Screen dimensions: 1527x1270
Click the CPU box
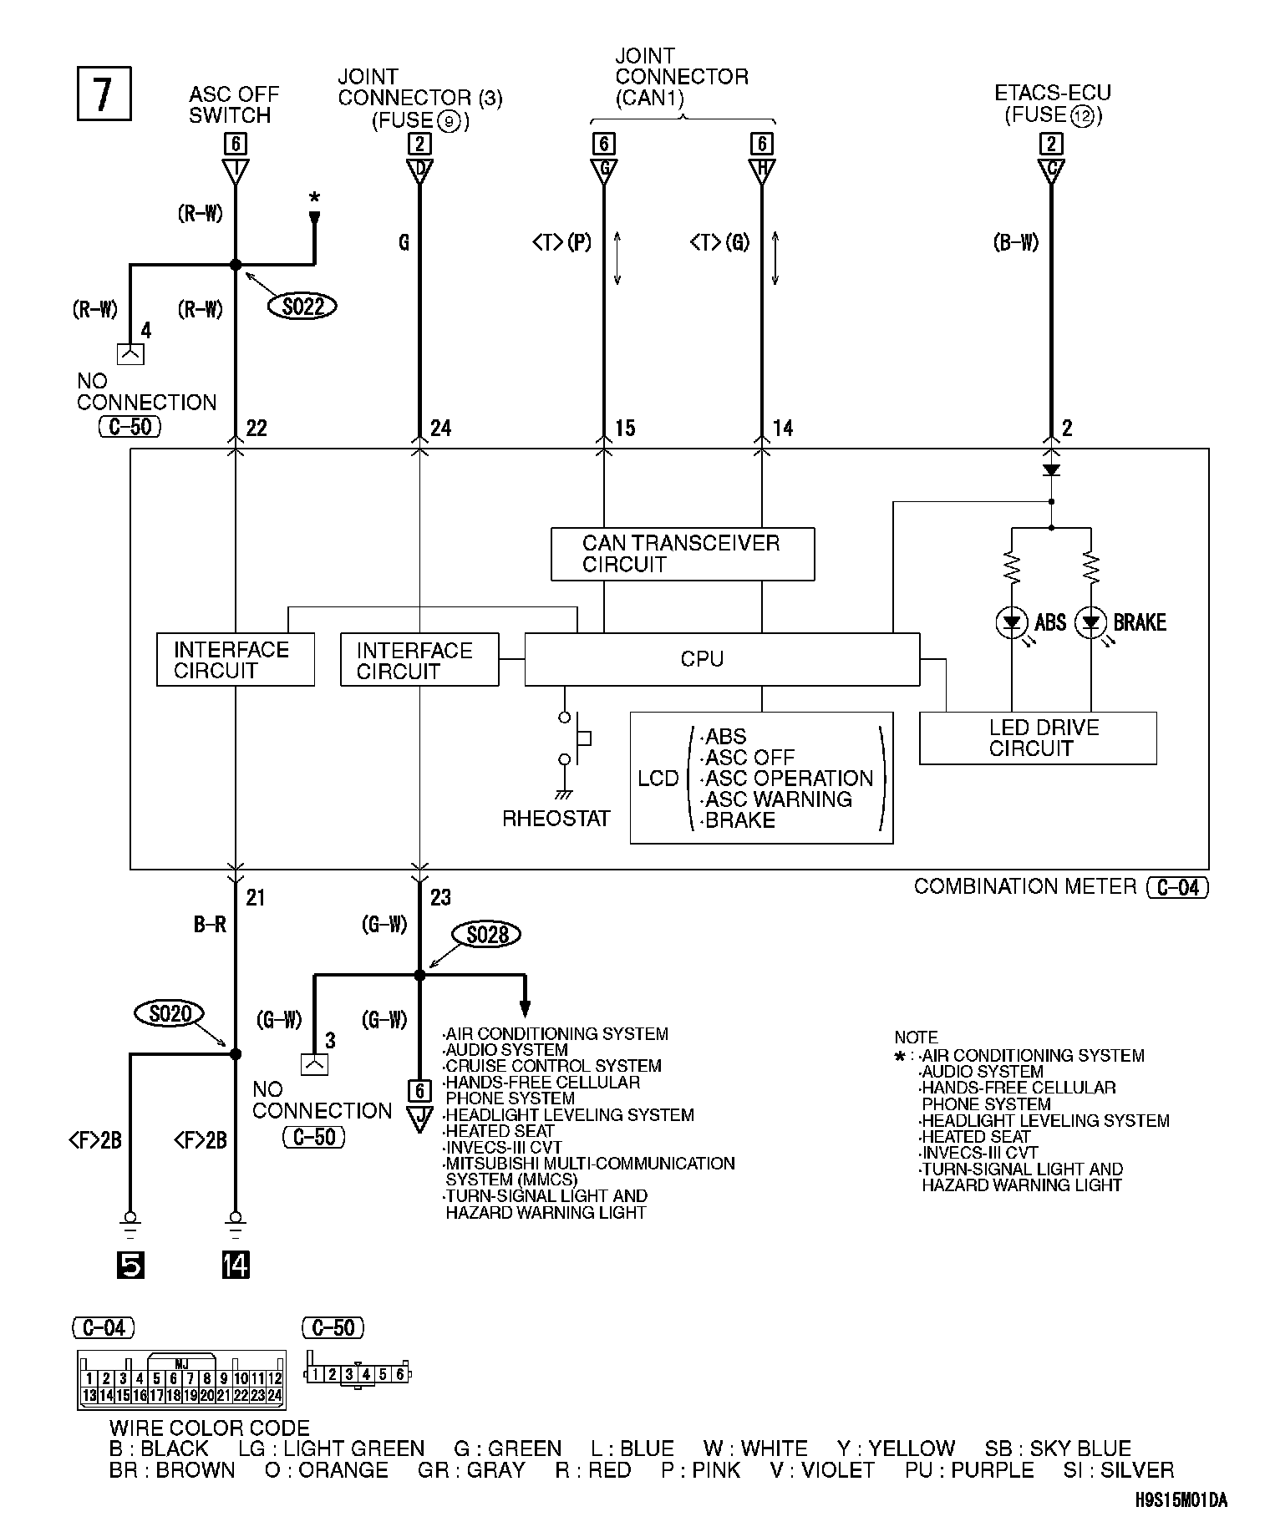pyautogui.click(x=722, y=659)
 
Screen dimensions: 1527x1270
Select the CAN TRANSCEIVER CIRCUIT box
pyautogui.click(x=682, y=554)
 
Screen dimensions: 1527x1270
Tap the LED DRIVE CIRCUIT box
pyautogui.click(x=1038, y=738)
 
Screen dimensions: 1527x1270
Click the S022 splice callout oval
pyautogui.click(x=302, y=307)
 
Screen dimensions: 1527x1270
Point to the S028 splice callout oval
pyautogui.click(x=486, y=934)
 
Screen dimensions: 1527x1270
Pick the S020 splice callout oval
pyautogui.click(x=170, y=1014)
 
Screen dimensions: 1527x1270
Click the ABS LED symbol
pyautogui.click(x=1012, y=621)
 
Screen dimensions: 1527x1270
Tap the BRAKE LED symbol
pyautogui.click(x=1090, y=621)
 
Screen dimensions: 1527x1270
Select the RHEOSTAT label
pyautogui.click(x=556, y=819)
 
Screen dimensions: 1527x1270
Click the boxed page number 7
pyautogui.click(x=104, y=94)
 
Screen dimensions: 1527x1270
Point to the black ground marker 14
pyautogui.click(x=236, y=1266)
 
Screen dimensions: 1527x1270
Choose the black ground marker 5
pyautogui.click(x=130, y=1266)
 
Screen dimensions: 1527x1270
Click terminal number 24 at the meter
pyautogui.click(x=440, y=429)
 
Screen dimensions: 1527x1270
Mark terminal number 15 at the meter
pyautogui.click(x=625, y=429)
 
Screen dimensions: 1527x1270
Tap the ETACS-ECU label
pyautogui.click(x=1053, y=93)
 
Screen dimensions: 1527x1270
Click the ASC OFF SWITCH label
pyautogui.click(x=233, y=105)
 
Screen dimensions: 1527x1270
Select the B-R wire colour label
pyautogui.click(x=210, y=925)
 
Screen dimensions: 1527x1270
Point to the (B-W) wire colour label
pyautogui.click(x=1015, y=242)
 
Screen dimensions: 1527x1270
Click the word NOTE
pyautogui.click(x=916, y=1037)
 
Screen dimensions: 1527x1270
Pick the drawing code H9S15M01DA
pyautogui.click(x=1181, y=1500)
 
